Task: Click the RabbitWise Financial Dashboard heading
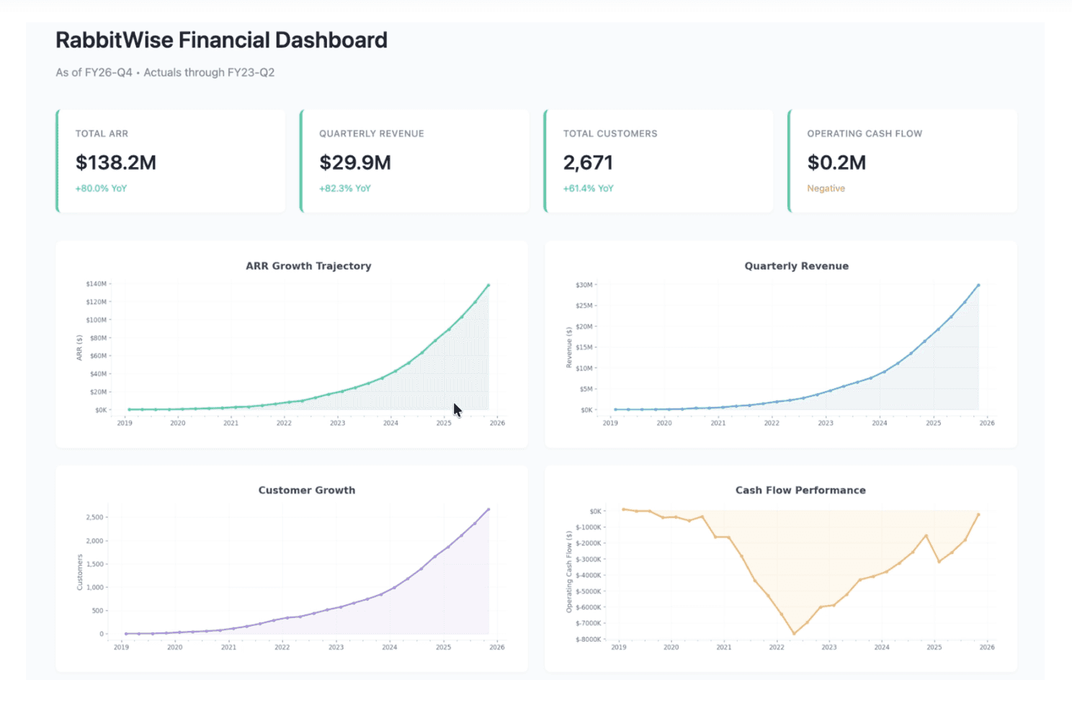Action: [221, 40]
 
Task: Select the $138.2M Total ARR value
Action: [116, 163]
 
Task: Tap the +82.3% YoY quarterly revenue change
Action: [345, 189]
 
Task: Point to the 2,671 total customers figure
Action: [588, 163]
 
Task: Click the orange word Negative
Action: [826, 189]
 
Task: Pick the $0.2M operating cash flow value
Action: [836, 163]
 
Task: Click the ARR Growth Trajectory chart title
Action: [308, 266]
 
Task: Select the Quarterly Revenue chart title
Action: [796, 266]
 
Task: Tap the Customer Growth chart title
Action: [307, 491]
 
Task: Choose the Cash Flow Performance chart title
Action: [800, 491]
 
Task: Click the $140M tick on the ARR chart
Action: [97, 284]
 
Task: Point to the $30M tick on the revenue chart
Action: [584, 285]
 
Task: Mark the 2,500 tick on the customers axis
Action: [94, 518]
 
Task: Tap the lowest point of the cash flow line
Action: [795, 634]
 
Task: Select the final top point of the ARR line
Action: [488, 285]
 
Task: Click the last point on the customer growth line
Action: [488, 510]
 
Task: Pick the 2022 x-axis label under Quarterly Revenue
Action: [772, 423]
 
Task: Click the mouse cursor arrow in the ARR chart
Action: [457, 409]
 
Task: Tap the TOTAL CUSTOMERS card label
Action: [610, 134]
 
